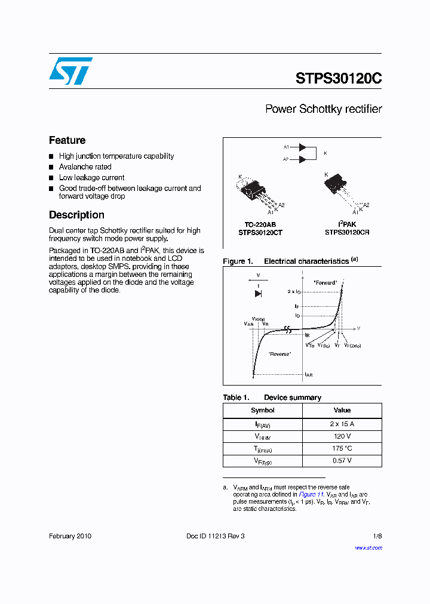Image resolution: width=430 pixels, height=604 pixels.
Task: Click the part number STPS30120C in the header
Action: (x=338, y=79)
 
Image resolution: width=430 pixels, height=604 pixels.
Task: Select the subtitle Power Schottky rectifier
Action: (x=323, y=109)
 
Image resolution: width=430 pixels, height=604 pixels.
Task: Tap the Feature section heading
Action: (x=67, y=140)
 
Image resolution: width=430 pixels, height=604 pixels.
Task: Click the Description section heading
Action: (x=76, y=215)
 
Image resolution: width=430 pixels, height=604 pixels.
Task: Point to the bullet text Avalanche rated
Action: (x=85, y=167)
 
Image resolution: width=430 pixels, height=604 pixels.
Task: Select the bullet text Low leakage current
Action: (x=91, y=178)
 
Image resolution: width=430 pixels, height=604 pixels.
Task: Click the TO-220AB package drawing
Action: (x=254, y=191)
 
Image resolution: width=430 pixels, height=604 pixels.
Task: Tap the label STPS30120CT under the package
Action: (x=260, y=232)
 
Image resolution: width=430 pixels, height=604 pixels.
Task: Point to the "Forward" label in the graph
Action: (x=325, y=282)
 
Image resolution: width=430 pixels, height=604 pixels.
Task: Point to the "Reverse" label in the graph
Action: (x=279, y=354)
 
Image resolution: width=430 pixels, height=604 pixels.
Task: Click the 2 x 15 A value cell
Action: (x=342, y=424)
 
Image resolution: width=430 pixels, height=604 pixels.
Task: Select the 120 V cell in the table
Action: (x=342, y=436)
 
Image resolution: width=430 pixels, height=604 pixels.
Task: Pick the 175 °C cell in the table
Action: (x=342, y=448)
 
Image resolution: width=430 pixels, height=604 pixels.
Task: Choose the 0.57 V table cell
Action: (x=342, y=461)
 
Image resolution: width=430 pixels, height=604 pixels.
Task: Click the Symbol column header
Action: (x=262, y=411)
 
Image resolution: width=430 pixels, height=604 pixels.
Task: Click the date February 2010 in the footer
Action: (x=70, y=536)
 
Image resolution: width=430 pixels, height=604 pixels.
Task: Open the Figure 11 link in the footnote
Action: (x=311, y=494)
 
